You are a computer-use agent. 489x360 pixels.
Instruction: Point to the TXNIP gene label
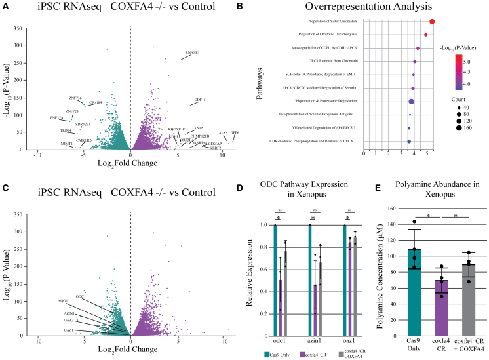[197, 127]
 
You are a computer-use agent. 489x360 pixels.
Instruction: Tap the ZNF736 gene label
[75, 98]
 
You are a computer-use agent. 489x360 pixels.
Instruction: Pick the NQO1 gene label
[64, 301]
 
